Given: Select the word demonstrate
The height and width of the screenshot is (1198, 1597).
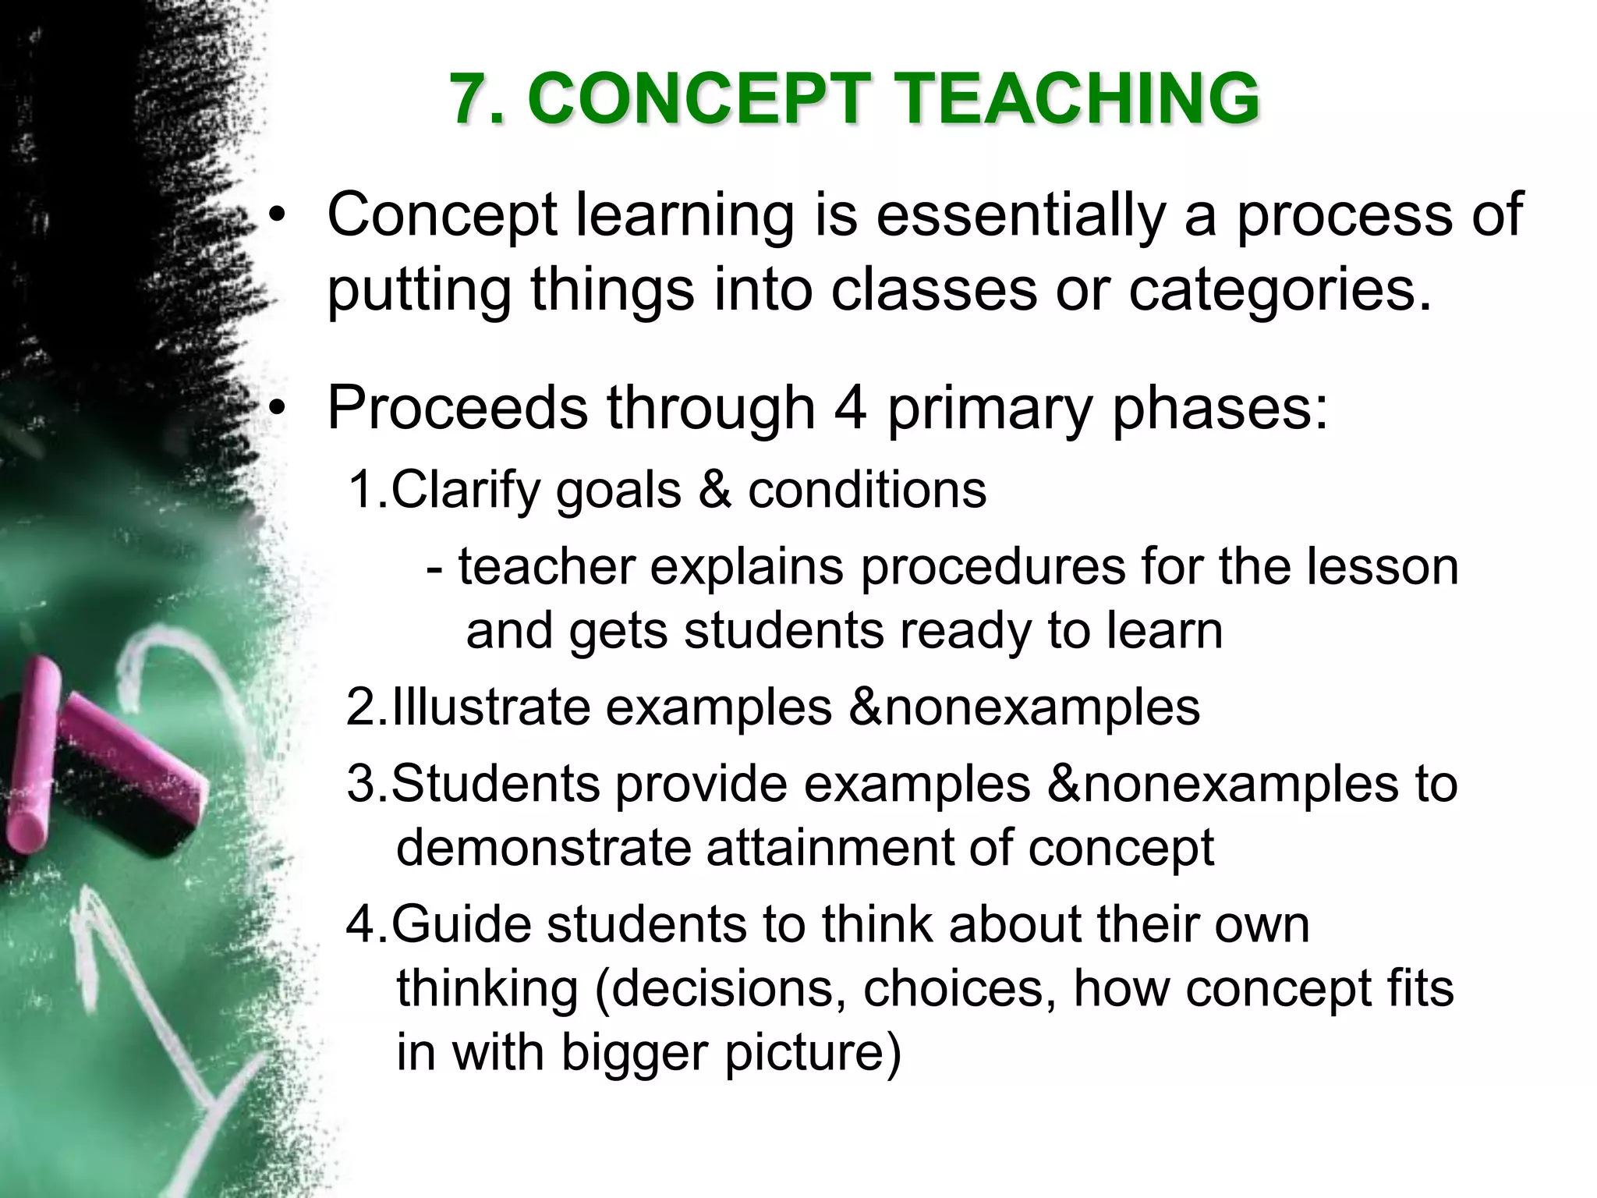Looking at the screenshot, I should (544, 848).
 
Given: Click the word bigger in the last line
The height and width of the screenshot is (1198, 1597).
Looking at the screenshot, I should (632, 1053).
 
